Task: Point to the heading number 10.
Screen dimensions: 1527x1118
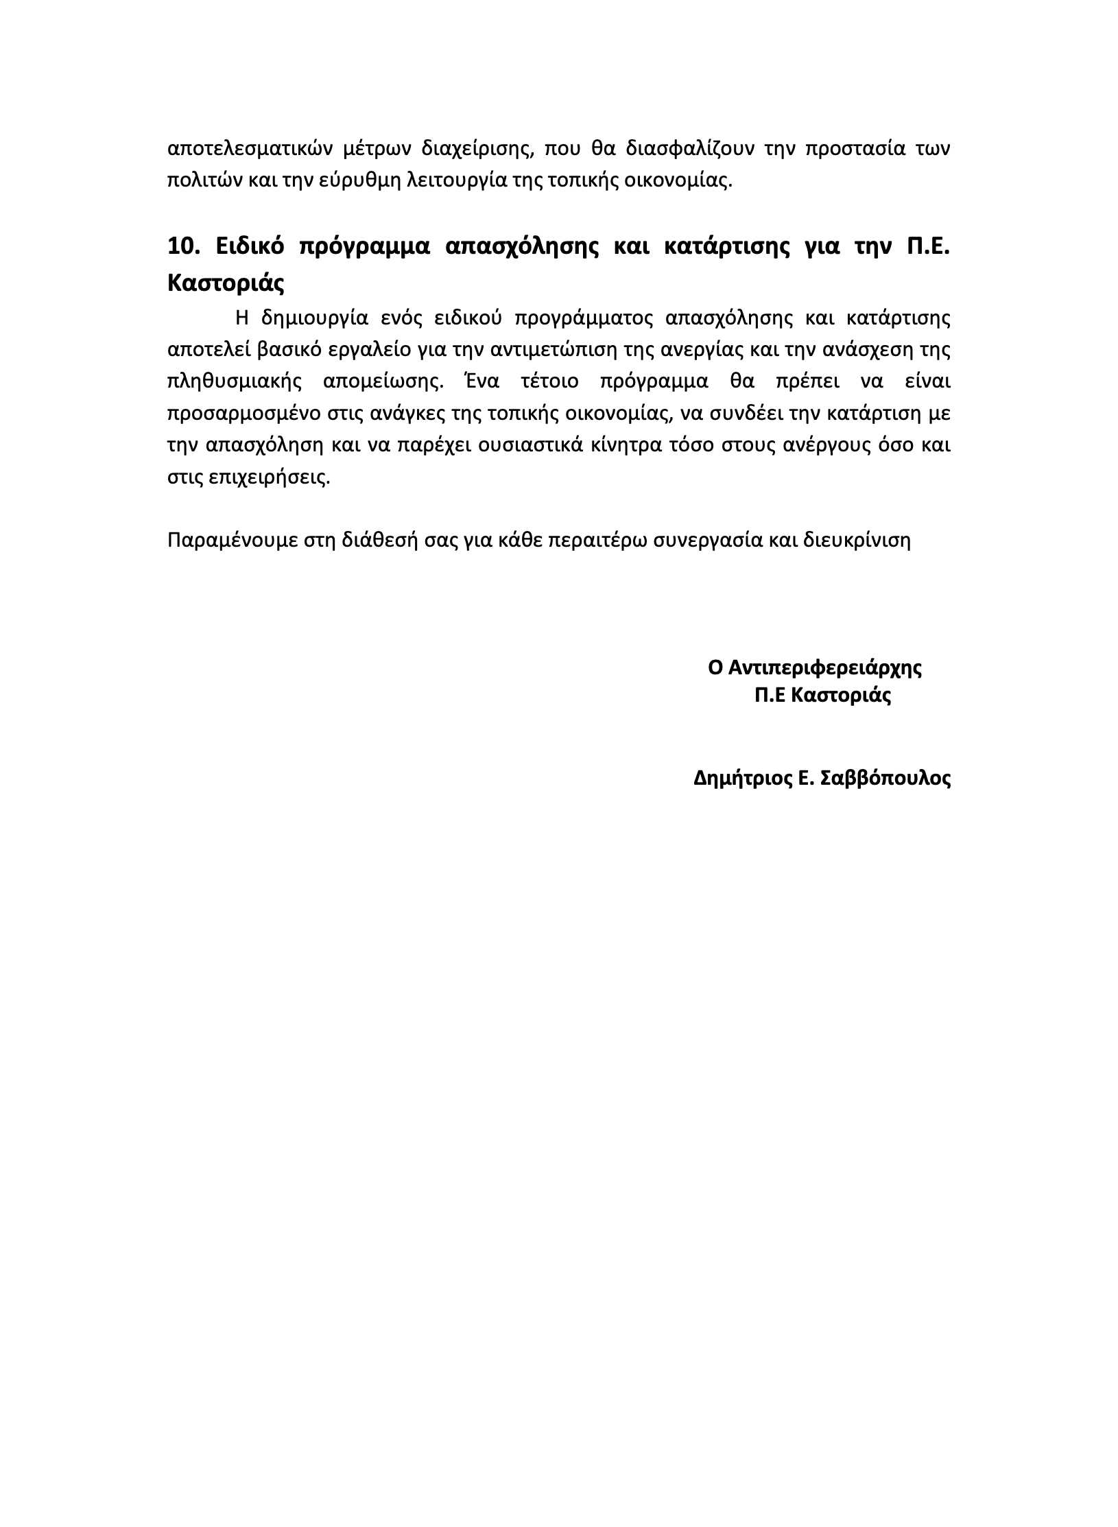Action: point(182,246)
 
